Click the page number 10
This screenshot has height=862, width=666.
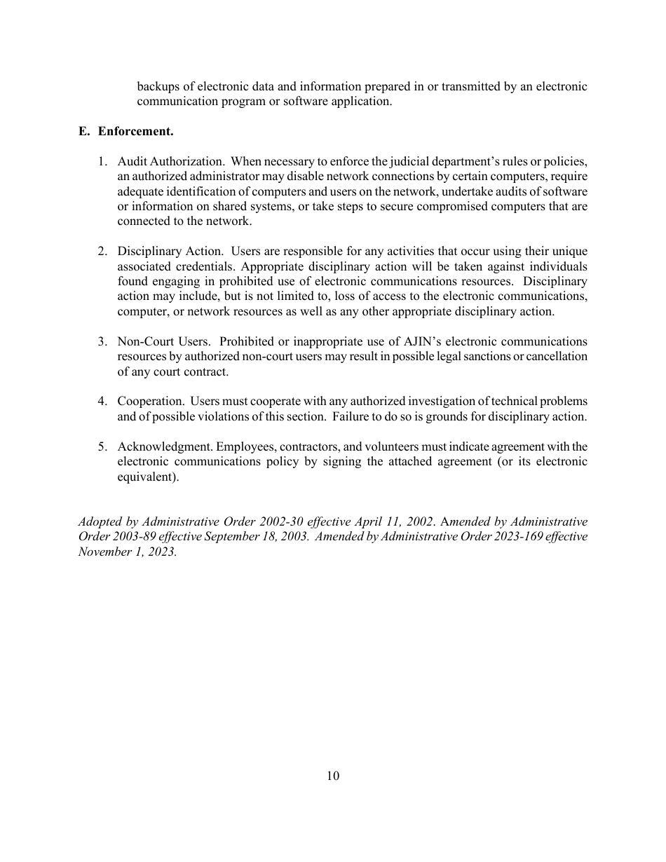(333, 776)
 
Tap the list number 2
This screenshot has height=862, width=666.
(102, 251)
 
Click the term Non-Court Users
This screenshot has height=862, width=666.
(163, 341)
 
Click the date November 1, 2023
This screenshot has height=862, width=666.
(127, 552)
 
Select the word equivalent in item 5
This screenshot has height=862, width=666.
(147, 477)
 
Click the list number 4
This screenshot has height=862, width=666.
(102, 402)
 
